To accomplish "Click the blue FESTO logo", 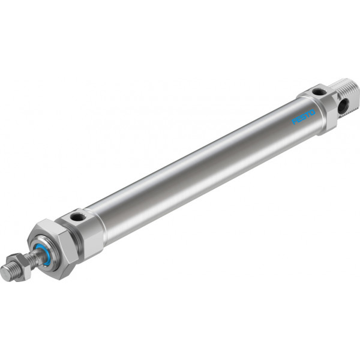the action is [303, 117].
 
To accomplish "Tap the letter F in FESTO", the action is [294, 121].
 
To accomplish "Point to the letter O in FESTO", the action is [313, 113].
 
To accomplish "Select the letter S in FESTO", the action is [304, 117].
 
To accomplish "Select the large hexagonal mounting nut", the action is [53, 249].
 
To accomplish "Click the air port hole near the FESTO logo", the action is [319, 92].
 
